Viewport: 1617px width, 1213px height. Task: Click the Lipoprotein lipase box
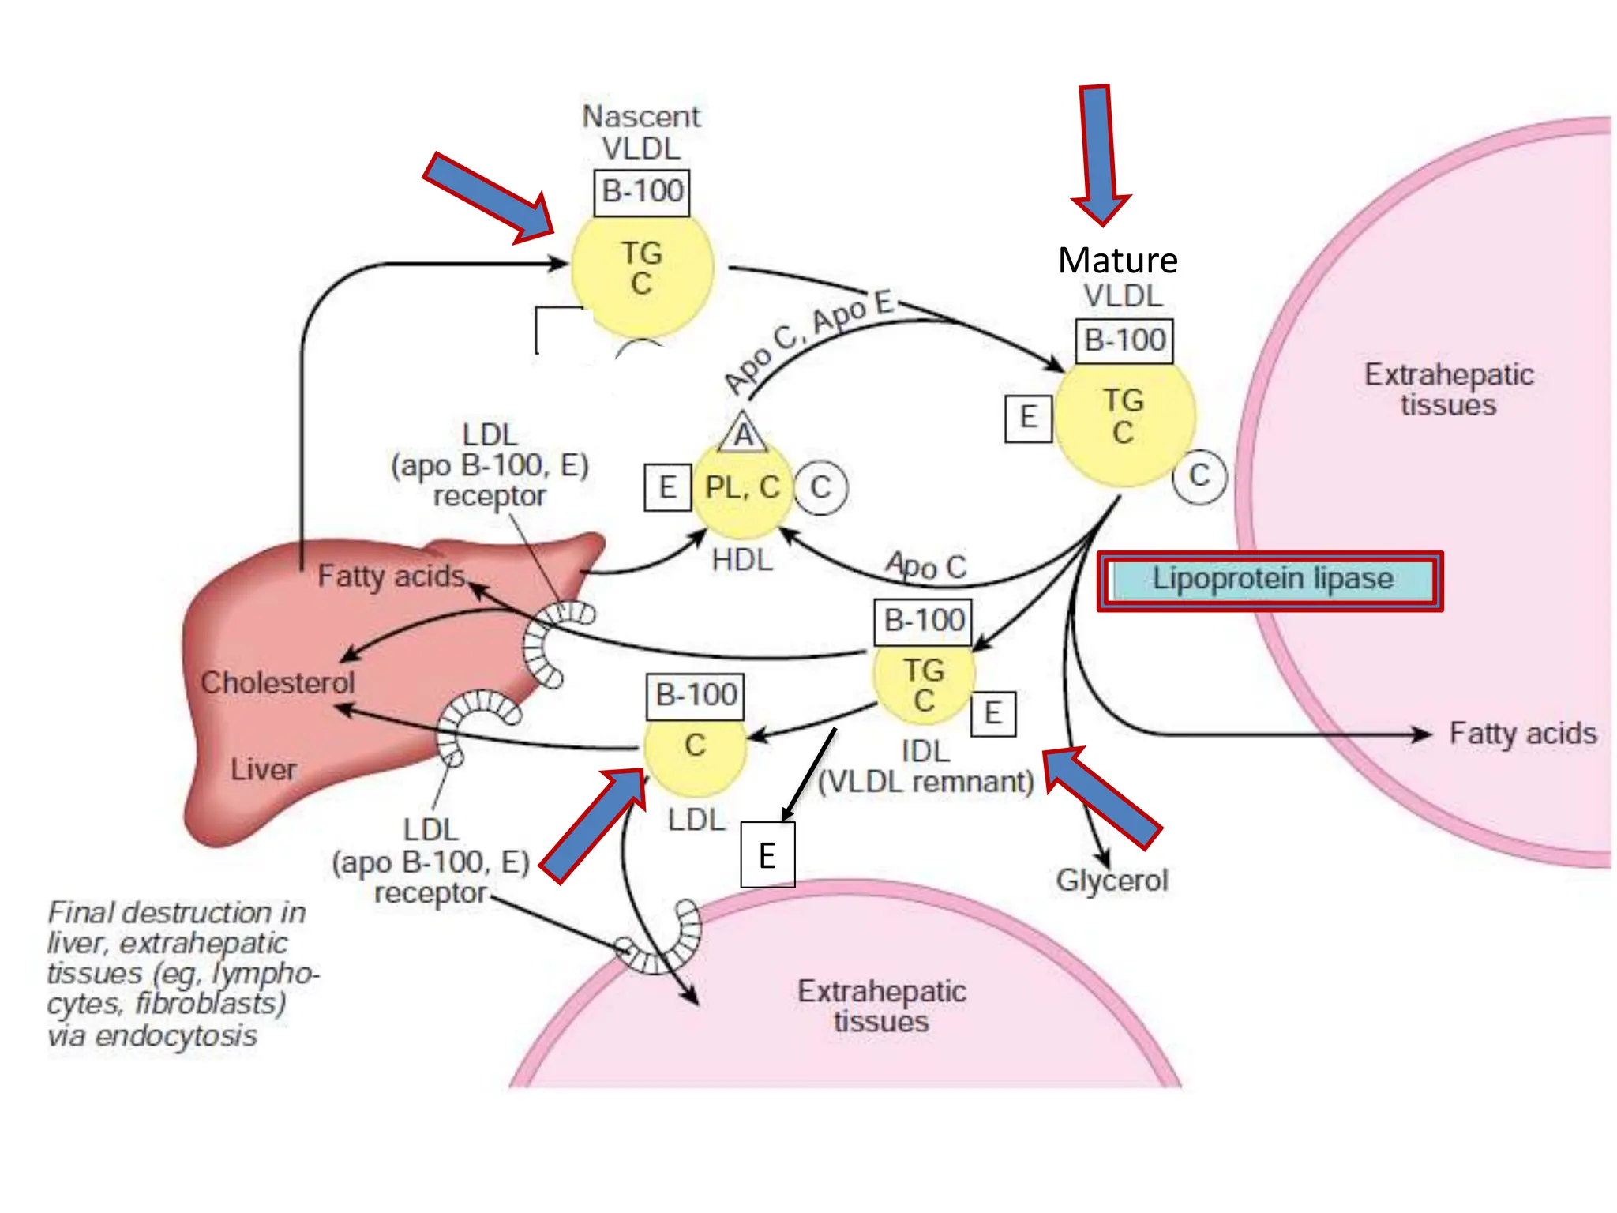(x=1270, y=580)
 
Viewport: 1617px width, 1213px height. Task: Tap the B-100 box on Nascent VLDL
(x=641, y=192)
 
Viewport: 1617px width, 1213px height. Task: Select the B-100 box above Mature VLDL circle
(x=1124, y=340)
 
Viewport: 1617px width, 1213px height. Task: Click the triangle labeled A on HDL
(x=743, y=434)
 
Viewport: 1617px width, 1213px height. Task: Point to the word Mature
(x=1117, y=260)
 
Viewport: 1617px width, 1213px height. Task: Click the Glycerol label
(x=1112, y=880)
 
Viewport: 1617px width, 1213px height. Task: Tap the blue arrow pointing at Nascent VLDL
(x=490, y=197)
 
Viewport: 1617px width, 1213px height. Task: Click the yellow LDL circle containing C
(x=695, y=747)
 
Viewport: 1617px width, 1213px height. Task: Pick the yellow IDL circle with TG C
(x=924, y=684)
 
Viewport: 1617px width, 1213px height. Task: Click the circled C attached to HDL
(x=820, y=488)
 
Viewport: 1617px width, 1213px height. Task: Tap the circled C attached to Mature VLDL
(x=1199, y=476)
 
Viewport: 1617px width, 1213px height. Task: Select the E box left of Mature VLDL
(x=1028, y=418)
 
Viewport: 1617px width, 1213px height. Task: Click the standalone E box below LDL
(x=767, y=855)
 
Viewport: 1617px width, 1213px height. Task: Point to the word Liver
(x=263, y=769)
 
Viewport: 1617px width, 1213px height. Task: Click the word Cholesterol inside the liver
(x=277, y=682)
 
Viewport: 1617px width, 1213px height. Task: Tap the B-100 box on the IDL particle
(x=923, y=621)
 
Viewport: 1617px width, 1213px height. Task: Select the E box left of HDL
(x=668, y=487)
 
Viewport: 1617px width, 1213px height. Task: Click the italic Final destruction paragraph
(x=178, y=974)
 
